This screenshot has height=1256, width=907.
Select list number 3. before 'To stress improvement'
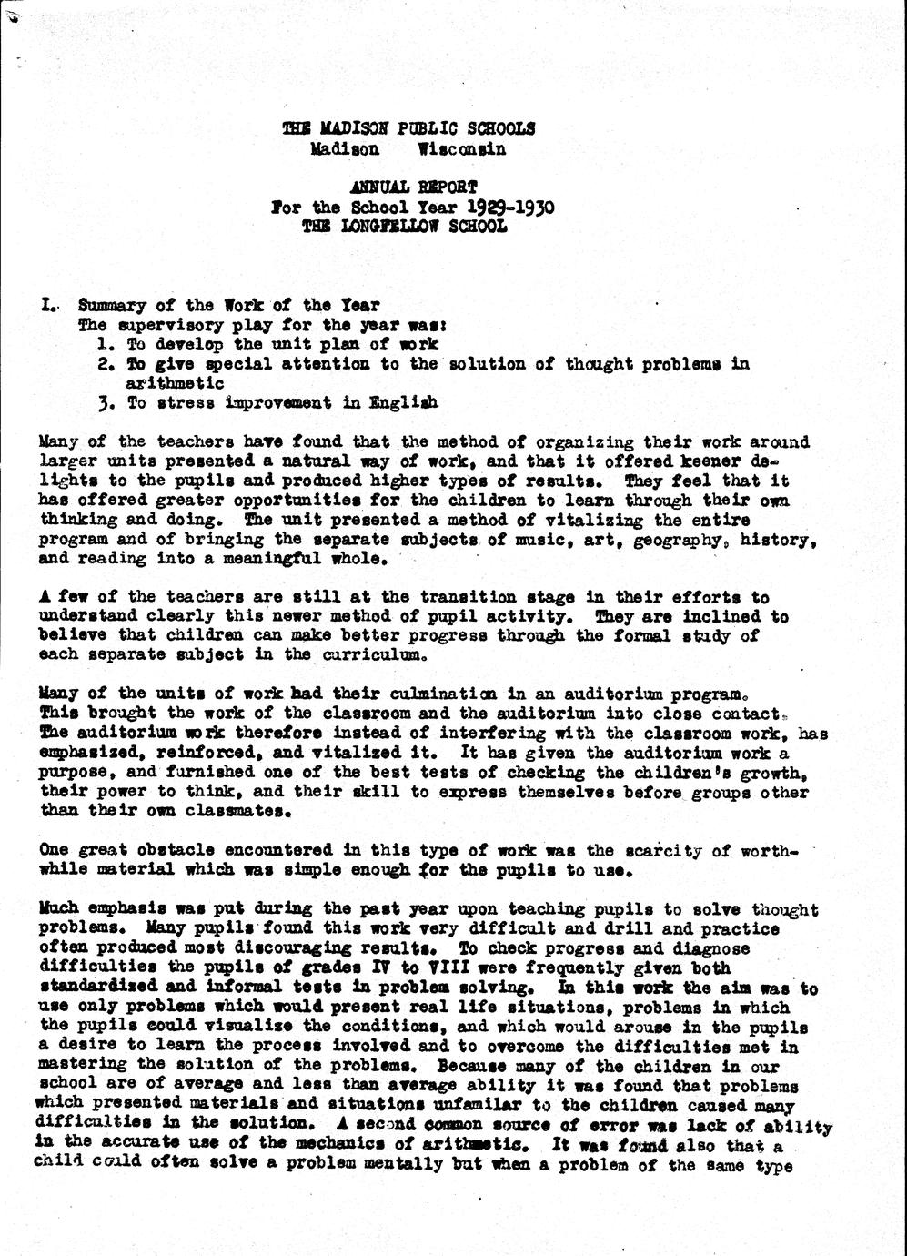(x=105, y=402)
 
